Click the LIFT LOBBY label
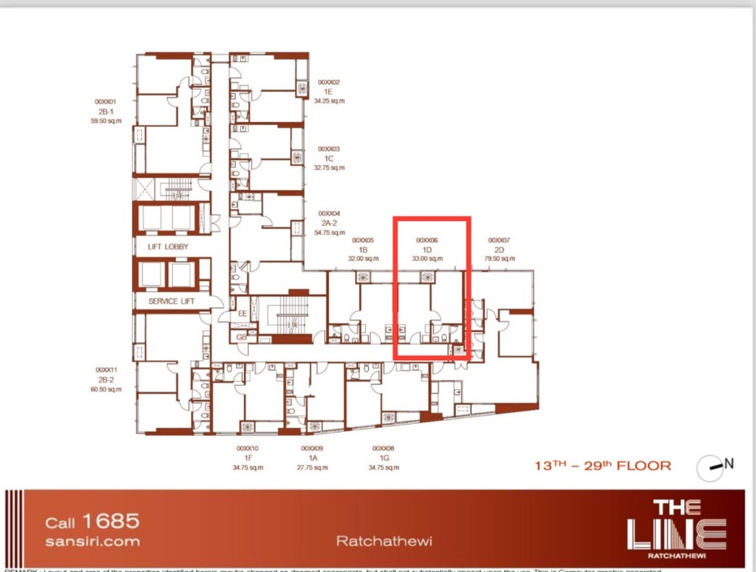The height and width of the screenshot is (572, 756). (x=168, y=247)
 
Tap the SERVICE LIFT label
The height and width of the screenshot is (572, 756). (x=171, y=301)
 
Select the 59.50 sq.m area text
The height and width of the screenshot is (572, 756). (x=106, y=121)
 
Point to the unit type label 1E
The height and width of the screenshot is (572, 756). (x=328, y=91)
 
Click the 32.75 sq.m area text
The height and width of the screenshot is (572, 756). (x=329, y=168)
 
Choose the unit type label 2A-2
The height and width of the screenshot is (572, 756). (x=329, y=223)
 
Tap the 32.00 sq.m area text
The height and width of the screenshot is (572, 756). (x=363, y=258)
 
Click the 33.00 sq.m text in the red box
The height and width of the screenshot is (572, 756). (x=427, y=258)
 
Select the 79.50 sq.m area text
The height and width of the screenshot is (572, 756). (x=499, y=258)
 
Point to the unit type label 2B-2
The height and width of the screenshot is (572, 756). (x=106, y=380)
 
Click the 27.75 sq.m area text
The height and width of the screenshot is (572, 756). (x=313, y=468)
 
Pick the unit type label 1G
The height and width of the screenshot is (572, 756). (x=383, y=459)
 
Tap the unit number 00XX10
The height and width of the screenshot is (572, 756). (x=248, y=449)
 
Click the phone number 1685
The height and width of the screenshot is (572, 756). (x=110, y=521)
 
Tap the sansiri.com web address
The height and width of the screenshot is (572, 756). (x=93, y=541)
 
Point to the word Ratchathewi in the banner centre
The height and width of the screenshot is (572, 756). (x=384, y=541)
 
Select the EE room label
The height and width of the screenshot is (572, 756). (x=242, y=313)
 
